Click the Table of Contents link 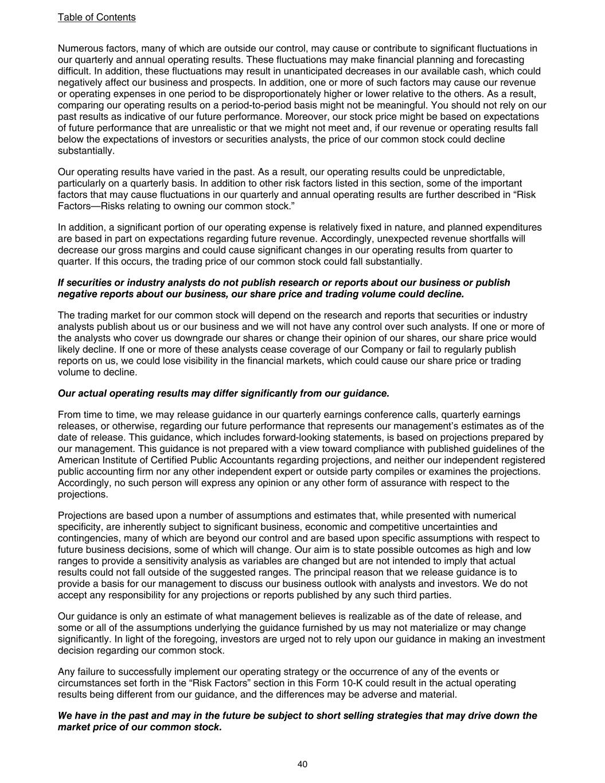pyautogui.click(x=96, y=17)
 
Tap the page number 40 pyautogui.click(x=303, y=764)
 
